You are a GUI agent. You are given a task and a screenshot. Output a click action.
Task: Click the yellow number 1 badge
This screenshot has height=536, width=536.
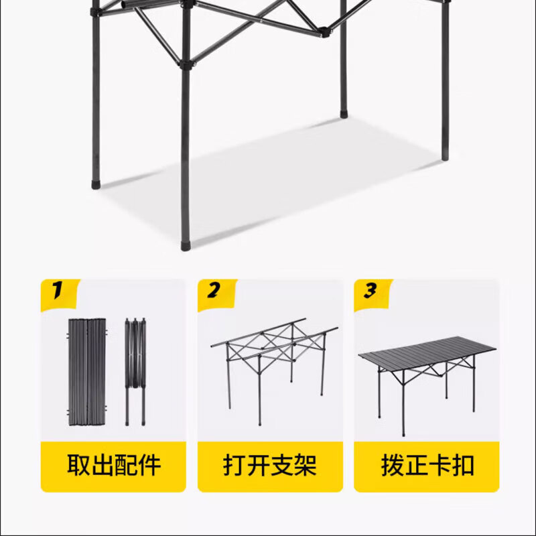[x=58, y=291]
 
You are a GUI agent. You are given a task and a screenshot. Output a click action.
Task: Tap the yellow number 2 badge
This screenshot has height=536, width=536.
[x=214, y=291]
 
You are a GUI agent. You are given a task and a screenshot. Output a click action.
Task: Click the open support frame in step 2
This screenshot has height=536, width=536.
[x=269, y=362]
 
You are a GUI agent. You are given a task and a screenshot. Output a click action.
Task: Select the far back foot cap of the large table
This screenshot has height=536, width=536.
[x=344, y=114]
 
